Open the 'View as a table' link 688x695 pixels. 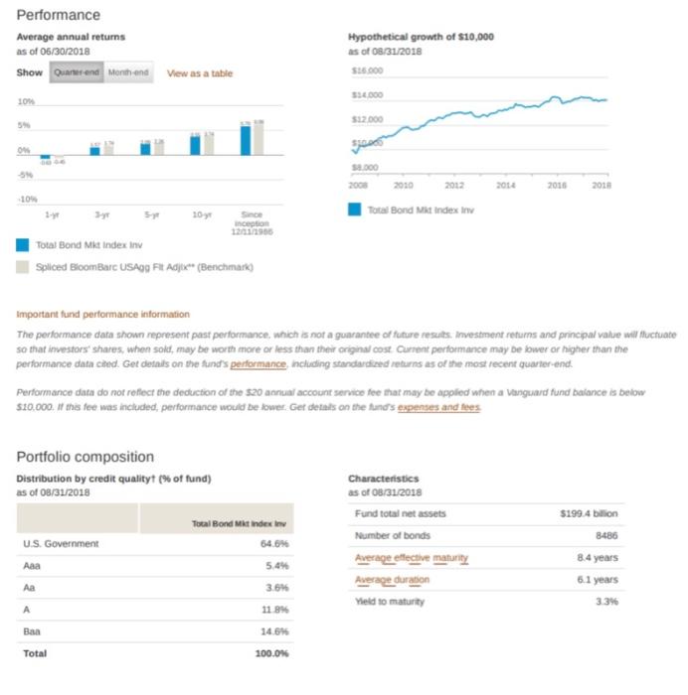200,73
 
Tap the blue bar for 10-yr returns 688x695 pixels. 195,145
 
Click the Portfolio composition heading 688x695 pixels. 86,457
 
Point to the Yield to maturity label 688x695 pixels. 389,602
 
